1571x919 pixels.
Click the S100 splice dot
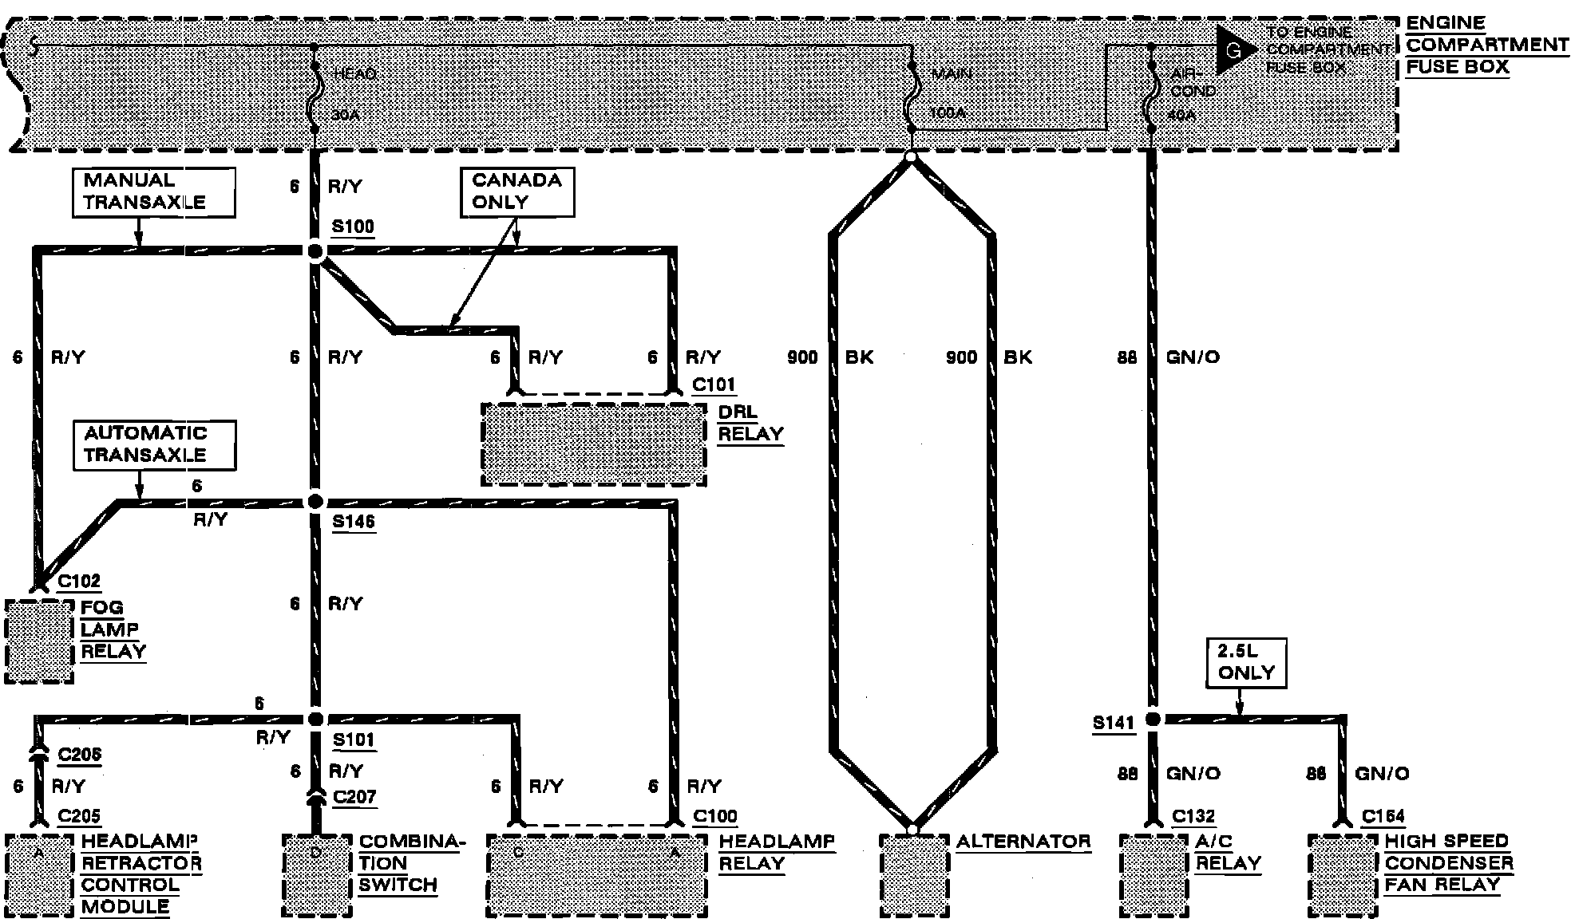[x=316, y=252]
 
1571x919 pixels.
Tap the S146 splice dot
[x=315, y=502]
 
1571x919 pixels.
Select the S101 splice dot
[x=316, y=719]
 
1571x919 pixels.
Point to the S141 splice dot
[x=1152, y=720]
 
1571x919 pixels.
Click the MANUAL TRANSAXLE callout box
[x=154, y=191]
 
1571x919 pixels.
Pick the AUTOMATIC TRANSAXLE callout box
[x=155, y=444]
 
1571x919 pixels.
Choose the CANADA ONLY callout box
[x=516, y=191]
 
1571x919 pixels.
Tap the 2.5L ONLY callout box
[x=1246, y=662]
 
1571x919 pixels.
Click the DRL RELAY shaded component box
[x=594, y=444]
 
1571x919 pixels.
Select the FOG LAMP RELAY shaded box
[x=39, y=641]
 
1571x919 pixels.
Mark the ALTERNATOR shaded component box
[x=914, y=875]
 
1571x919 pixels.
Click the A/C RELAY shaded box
[x=1154, y=875]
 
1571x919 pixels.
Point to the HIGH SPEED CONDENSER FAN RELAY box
[x=1343, y=875]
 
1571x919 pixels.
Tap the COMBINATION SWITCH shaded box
[x=317, y=875]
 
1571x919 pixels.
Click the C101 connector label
[x=713, y=385]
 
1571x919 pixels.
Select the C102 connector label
[x=79, y=582]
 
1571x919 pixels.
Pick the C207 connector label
[x=354, y=796]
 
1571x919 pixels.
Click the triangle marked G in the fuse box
[x=1232, y=50]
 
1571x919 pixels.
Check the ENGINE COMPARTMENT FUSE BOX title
[x=1486, y=45]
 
